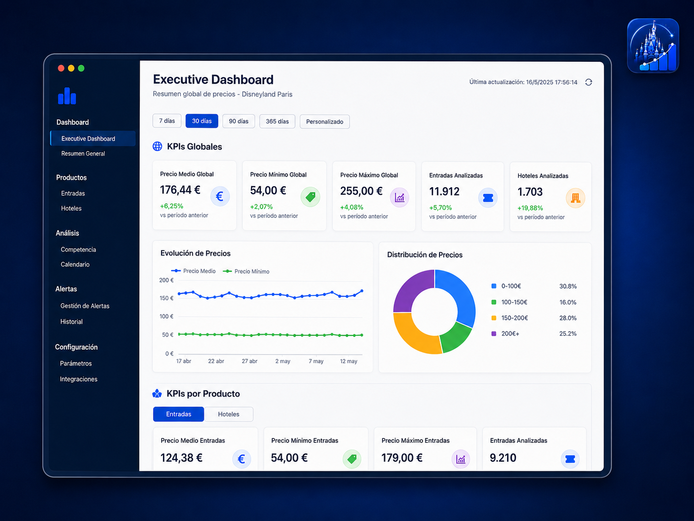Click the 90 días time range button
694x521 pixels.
click(x=239, y=121)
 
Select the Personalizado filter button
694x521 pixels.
click(x=324, y=121)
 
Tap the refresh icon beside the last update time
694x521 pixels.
click(x=589, y=82)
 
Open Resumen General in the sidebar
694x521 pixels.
click(x=83, y=154)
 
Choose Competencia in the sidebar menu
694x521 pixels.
click(x=79, y=249)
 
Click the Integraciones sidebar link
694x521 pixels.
click(x=79, y=379)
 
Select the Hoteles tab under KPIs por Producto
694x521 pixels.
click(x=229, y=414)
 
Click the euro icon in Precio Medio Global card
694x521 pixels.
click(x=220, y=196)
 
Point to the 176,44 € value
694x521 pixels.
click(x=180, y=190)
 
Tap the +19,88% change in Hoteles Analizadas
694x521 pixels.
click(x=530, y=208)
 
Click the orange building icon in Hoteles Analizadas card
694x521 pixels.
click(x=575, y=198)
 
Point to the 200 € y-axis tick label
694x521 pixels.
click(x=166, y=280)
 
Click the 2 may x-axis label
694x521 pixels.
click(x=283, y=361)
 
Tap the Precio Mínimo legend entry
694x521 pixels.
click(x=246, y=271)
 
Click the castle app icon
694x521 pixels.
click(x=653, y=46)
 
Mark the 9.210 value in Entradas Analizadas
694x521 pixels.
click(x=503, y=458)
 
